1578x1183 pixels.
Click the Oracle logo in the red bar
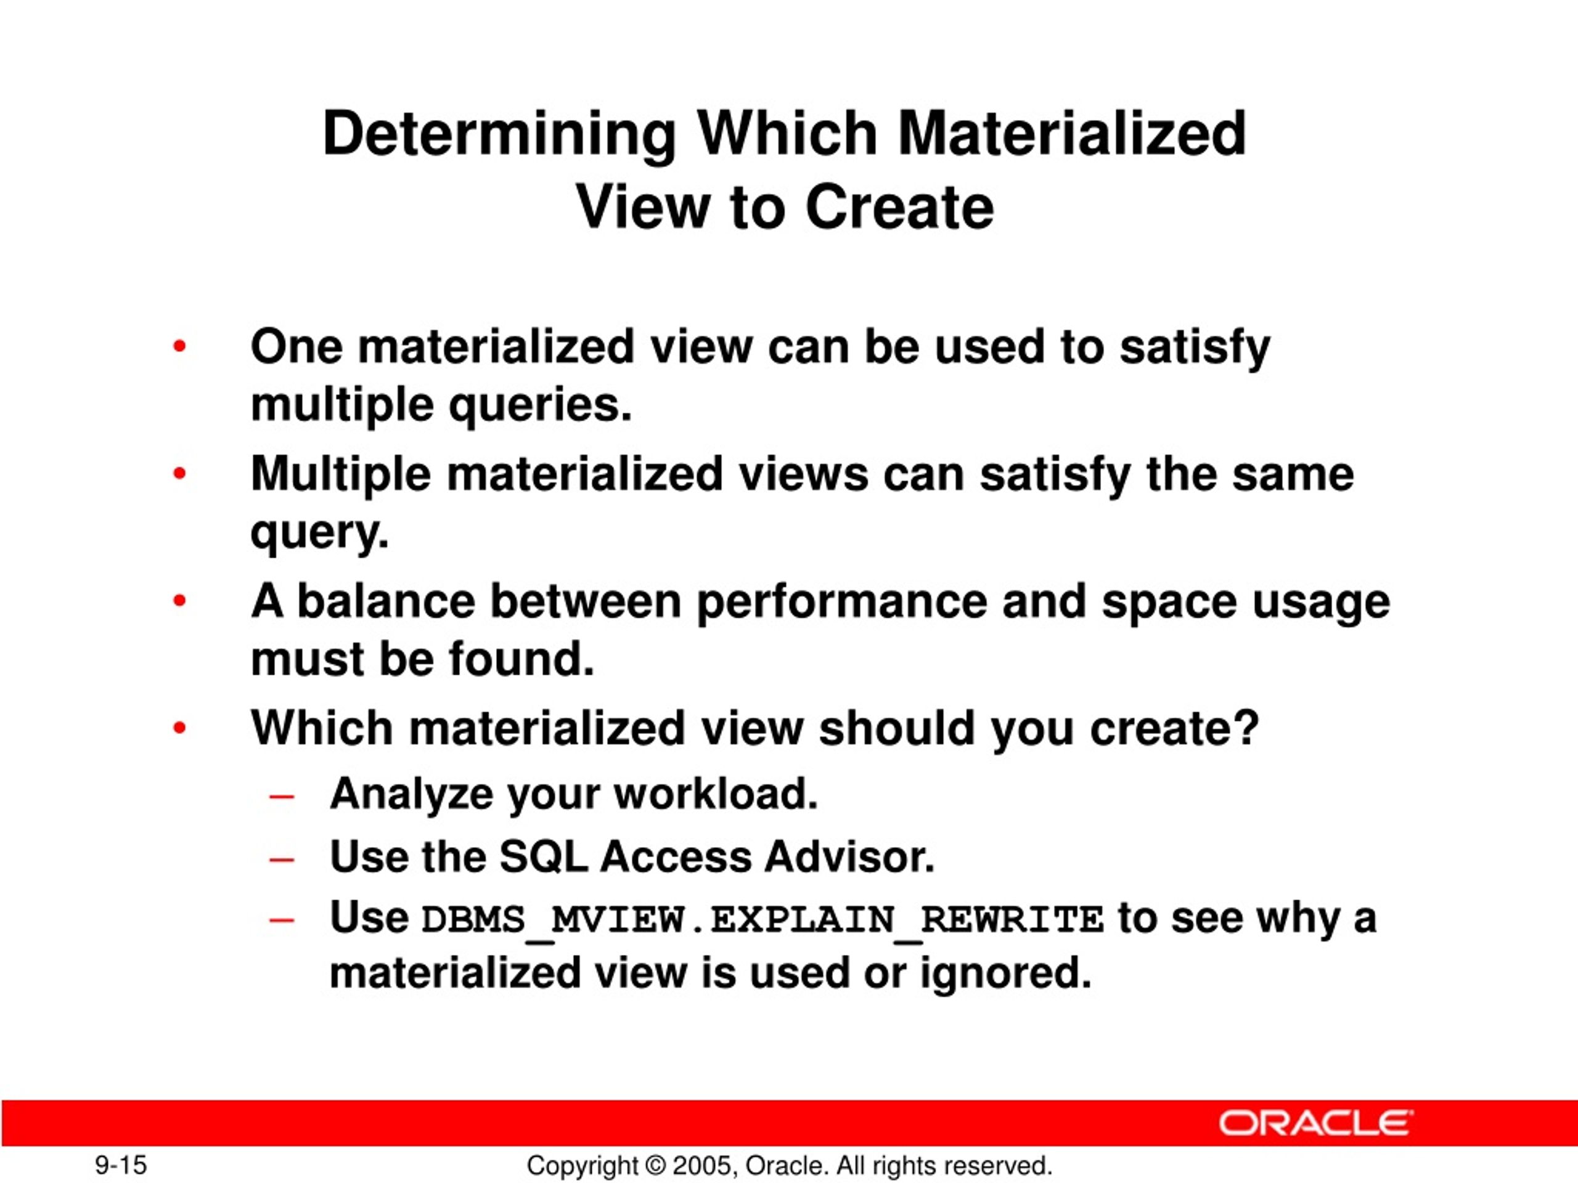[x=1315, y=1123]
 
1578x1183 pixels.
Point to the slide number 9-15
[x=121, y=1166]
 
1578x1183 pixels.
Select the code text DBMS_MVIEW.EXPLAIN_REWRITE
[x=762, y=920]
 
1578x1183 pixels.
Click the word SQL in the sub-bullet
[x=543, y=856]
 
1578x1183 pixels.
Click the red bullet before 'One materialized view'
[x=179, y=348]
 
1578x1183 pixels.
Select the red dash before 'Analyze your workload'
[x=282, y=797]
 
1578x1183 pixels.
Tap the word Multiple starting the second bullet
[x=340, y=474]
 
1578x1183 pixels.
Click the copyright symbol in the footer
[x=654, y=1166]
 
